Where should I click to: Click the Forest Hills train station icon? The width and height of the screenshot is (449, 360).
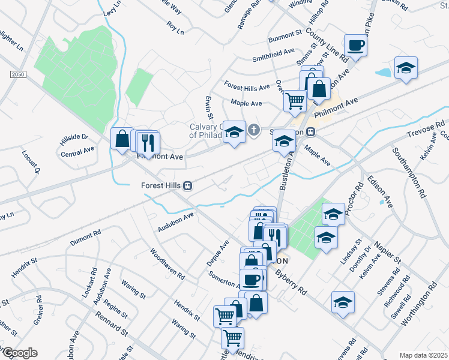tap(188, 185)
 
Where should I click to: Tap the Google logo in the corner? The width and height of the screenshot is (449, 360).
tap(19, 353)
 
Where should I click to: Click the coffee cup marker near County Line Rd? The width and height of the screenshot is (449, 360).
tap(355, 46)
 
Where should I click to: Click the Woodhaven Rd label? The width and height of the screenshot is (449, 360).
tap(167, 264)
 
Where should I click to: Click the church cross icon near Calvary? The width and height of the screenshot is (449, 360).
tap(254, 129)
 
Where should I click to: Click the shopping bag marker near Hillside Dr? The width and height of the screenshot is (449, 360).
tap(122, 139)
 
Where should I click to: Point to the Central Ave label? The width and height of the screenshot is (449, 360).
tap(78, 151)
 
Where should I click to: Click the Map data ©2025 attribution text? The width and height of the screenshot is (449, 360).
tap(423, 355)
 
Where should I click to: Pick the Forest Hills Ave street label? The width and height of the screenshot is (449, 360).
tap(247, 87)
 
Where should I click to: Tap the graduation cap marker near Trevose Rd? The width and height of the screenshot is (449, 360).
tap(406, 69)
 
